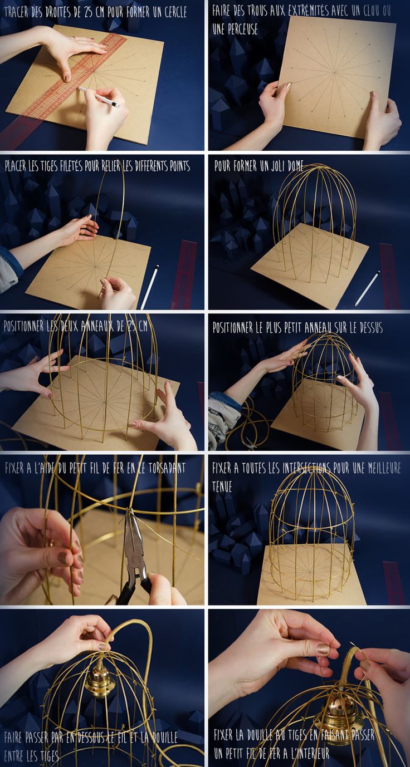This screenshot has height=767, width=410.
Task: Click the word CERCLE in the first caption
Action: coord(175,13)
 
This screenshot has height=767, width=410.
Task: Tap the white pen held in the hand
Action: coord(99,97)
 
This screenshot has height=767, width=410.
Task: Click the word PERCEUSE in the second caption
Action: coord(235,29)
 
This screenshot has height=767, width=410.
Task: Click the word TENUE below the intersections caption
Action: coord(222,486)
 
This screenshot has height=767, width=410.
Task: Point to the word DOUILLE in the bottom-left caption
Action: coord(165,737)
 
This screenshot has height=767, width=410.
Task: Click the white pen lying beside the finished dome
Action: coord(368,288)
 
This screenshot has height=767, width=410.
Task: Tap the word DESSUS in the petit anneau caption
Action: coord(371,328)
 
